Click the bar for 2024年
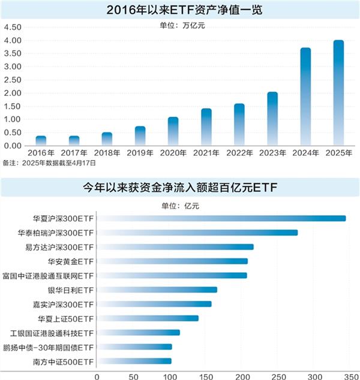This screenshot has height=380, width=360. [305, 96]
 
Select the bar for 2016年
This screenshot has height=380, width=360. [41, 141]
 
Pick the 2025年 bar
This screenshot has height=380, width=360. [338, 93]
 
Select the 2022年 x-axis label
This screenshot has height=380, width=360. [239, 153]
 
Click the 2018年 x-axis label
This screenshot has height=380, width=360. [107, 153]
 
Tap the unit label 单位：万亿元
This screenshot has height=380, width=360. [180, 26]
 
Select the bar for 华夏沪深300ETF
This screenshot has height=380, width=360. [221, 218]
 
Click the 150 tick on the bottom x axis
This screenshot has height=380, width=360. [206, 376]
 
